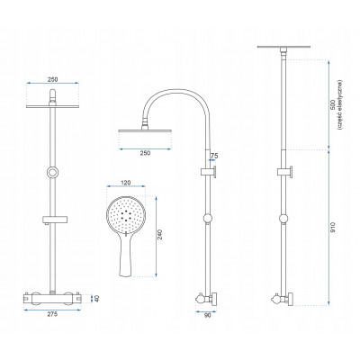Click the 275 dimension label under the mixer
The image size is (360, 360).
52,314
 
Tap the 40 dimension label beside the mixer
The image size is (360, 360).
96,299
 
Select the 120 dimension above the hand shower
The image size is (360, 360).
126,182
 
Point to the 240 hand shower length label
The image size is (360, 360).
160,235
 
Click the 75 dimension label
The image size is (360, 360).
214,156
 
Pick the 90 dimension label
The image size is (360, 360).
208,315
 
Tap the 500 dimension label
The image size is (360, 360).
332,105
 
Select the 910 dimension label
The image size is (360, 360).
332,227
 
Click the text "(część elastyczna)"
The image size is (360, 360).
339,105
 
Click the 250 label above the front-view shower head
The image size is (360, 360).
52,79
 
